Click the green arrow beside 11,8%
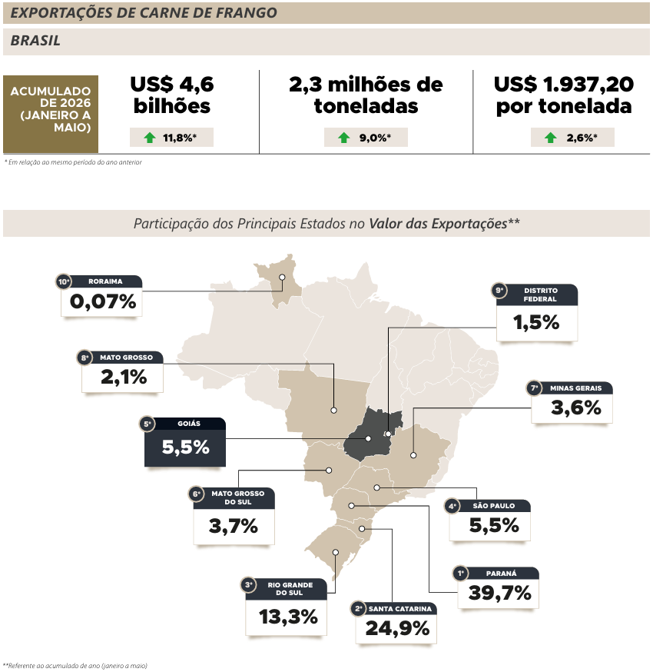pyautogui.click(x=150, y=138)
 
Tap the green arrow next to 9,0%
pyautogui.click(x=344, y=138)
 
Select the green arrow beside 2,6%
pyautogui.click(x=551, y=138)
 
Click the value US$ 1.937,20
pyautogui.click(x=564, y=85)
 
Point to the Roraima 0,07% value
pyautogui.click(x=103, y=301)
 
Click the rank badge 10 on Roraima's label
pyautogui.click(x=64, y=281)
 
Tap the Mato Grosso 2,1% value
pyautogui.click(x=124, y=378)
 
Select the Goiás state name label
pyautogui.click(x=189, y=424)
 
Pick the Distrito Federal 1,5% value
pyautogui.click(x=536, y=323)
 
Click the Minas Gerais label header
pyautogui.click(x=575, y=388)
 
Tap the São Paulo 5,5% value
pyautogui.click(x=494, y=525)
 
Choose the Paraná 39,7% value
pyautogui.click(x=499, y=593)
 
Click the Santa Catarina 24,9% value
pyautogui.click(x=397, y=629)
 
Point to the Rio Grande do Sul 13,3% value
pyautogui.click(x=288, y=617)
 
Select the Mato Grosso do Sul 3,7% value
pyautogui.click(x=234, y=526)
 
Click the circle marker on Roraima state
pyautogui.click(x=282, y=278)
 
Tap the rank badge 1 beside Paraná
pyautogui.click(x=461, y=574)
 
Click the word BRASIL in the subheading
pyautogui.click(x=35, y=41)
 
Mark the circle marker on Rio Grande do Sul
pyautogui.click(x=336, y=552)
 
